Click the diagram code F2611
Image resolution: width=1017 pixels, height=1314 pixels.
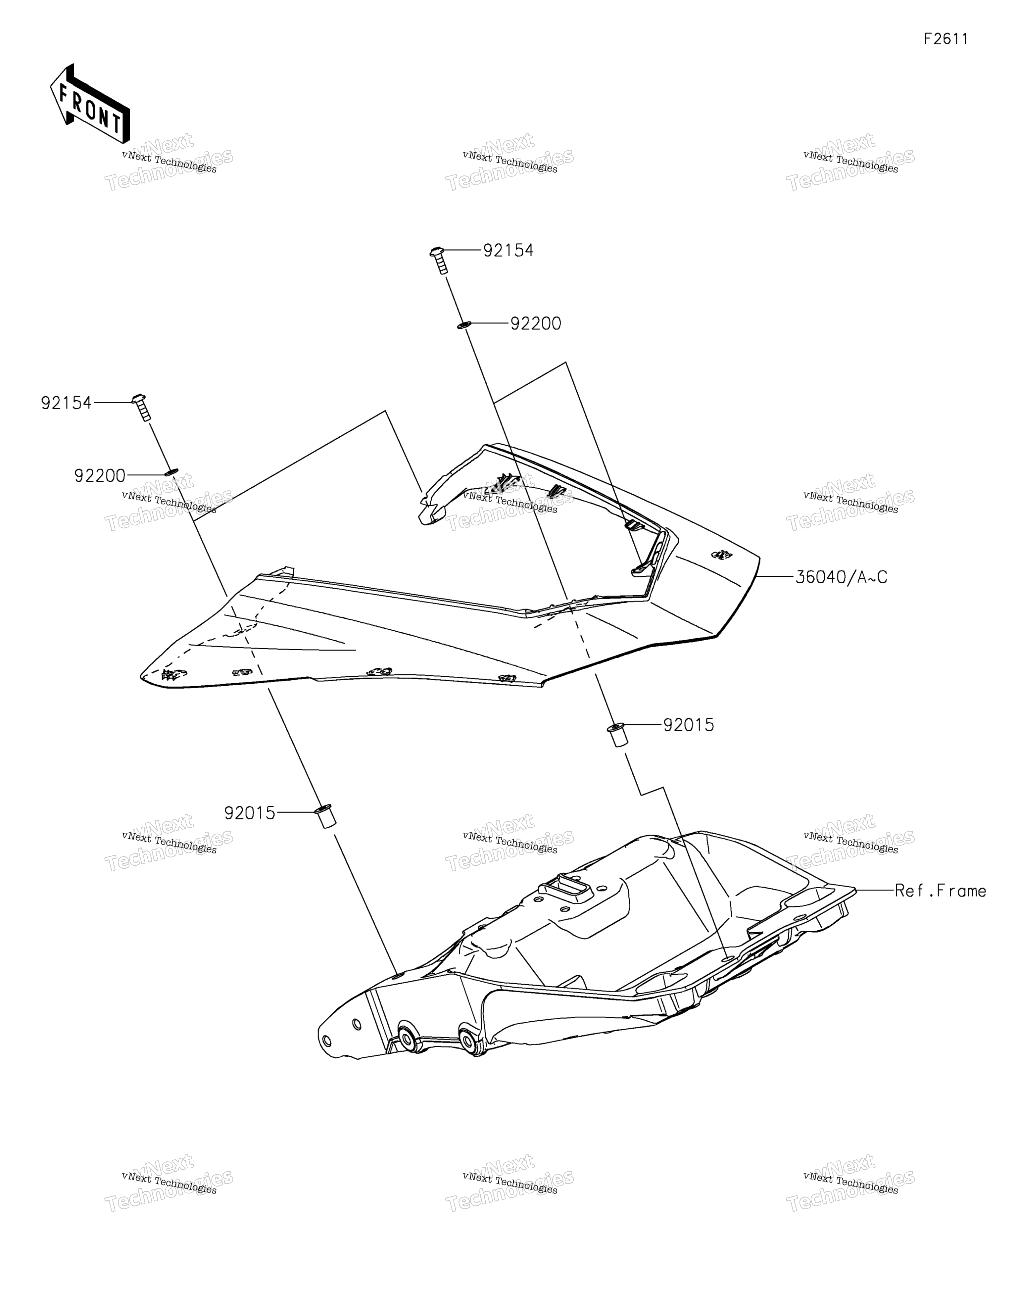click(x=946, y=39)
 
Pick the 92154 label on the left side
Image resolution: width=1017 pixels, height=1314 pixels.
click(x=66, y=403)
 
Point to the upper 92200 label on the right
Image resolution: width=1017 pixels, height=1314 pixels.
click(x=536, y=324)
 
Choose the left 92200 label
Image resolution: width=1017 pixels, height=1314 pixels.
click(x=100, y=476)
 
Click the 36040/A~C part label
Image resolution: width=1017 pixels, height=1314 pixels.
click(x=841, y=577)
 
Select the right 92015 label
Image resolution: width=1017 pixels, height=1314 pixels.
click(x=689, y=725)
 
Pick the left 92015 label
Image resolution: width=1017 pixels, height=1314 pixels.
click(x=250, y=813)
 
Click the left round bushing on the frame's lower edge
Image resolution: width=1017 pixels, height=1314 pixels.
click(x=408, y=1037)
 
